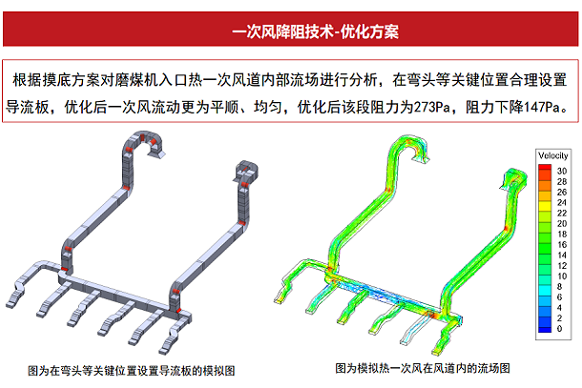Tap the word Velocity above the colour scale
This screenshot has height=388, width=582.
click(553, 154)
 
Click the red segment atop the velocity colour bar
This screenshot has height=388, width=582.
click(544, 169)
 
